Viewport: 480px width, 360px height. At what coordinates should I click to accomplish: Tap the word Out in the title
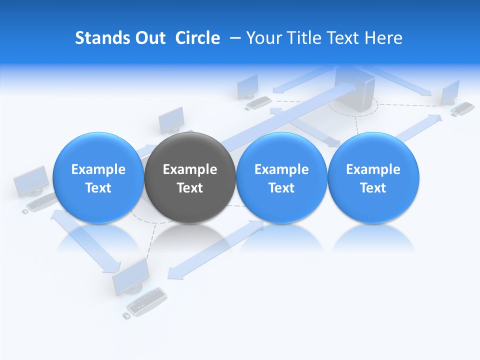(149, 38)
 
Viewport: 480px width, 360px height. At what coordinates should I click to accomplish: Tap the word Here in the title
(384, 38)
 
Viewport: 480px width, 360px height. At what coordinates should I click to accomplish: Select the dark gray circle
(189, 178)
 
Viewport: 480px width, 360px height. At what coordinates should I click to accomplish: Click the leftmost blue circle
(98, 178)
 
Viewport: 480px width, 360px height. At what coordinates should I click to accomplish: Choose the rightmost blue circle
(373, 178)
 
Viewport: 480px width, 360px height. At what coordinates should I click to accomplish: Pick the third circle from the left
(281, 178)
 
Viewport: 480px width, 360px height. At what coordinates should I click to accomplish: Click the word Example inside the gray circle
(189, 169)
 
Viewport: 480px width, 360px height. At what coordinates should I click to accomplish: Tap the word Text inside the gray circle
(189, 188)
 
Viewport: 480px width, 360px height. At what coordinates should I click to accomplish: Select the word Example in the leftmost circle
(98, 169)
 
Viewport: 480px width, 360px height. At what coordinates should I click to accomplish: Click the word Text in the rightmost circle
(373, 188)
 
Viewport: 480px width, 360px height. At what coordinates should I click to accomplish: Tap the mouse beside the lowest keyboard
(126, 316)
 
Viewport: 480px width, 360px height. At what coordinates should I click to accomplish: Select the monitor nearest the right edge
(450, 91)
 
